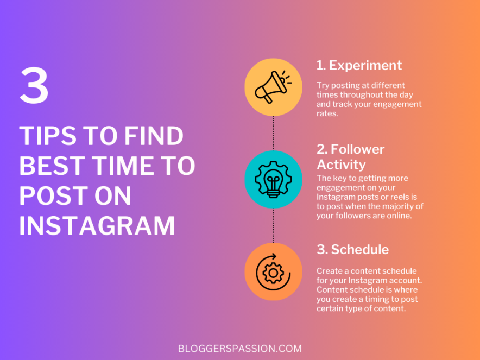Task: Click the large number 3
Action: (x=34, y=87)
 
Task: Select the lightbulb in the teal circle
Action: (x=273, y=179)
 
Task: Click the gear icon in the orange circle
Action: (x=273, y=271)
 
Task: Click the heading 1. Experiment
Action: (x=359, y=66)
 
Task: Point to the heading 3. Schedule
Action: (x=352, y=250)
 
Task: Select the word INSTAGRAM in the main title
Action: (x=97, y=226)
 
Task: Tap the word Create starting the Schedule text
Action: (x=330, y=271)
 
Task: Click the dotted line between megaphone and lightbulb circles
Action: (x=273, y=132)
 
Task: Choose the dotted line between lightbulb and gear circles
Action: (x=273, y=225)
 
